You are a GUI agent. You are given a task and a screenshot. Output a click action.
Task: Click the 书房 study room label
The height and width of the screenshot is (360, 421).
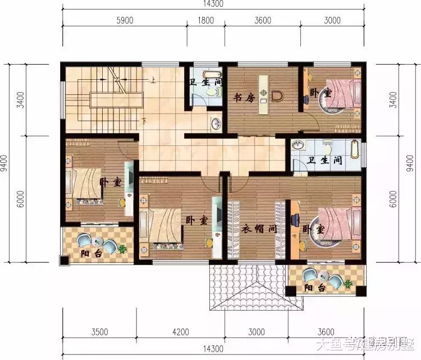coord(244,98)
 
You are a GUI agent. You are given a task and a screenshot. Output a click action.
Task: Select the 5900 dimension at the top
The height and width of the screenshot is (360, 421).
coord(124,21)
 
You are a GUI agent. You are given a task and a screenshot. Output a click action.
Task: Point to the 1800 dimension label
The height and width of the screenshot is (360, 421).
coord(206,21)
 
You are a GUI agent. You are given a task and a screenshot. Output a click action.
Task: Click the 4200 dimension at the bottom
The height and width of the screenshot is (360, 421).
coord(181,332)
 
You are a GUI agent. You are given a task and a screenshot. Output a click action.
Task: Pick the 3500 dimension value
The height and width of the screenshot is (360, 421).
coord(100,332)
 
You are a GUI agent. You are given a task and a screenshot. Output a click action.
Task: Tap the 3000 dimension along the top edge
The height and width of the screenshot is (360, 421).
coord(332,21)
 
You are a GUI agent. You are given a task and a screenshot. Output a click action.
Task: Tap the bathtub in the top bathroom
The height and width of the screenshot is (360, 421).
coord(199,76)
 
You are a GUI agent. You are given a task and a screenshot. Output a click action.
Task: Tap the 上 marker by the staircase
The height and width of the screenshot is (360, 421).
coord(152,80)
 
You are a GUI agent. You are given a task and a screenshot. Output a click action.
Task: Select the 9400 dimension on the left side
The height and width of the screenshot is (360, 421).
coord(5,163)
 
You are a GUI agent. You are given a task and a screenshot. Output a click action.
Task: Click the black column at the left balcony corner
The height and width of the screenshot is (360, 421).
coord(64,261)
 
